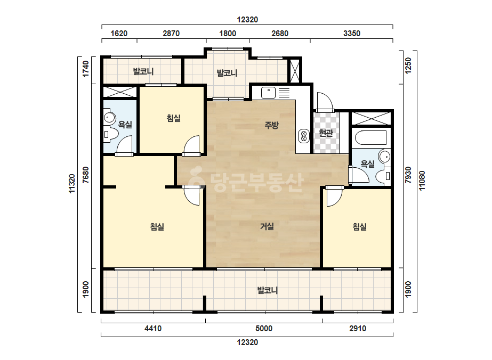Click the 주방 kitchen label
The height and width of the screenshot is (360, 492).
pos(271,125)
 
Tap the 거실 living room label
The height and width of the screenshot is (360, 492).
pos(267,226)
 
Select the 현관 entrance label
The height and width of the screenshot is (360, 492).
pos(326,133)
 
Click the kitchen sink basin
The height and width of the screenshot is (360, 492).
pos(268,93)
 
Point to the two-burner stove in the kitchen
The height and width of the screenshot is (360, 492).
pos(303,136)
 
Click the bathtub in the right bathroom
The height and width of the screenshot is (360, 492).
pos(371,138)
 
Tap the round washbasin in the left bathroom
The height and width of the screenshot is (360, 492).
pos(109,118)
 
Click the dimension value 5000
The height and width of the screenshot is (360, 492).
pos(264,329)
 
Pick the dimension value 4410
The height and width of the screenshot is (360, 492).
pos(153,329)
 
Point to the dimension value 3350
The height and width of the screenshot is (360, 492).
pos(352,33)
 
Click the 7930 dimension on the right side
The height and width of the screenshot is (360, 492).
pos(408,175)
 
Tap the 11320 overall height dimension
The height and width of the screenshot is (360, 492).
pos(72,184)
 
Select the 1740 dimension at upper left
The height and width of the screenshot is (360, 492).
pos(85,69)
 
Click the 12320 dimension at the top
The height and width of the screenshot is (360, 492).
pos(247,20)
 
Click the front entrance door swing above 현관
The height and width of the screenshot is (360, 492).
pos(325,102)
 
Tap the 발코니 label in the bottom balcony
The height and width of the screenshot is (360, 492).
pos(268,290)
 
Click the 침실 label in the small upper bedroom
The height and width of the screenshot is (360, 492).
pos(174,118)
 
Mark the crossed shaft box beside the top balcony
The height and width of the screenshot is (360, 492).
pos(295,71)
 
